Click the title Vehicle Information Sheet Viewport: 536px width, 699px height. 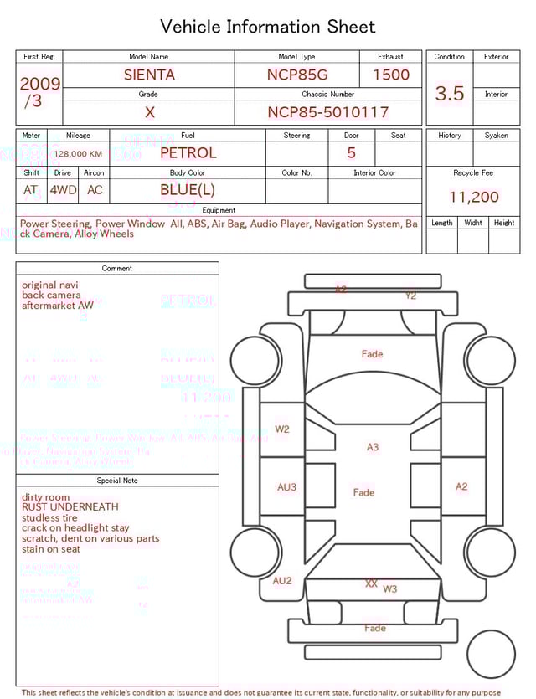pyautogui.click(x=268, y=27)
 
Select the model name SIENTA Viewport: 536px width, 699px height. pyautogui.click(x=149, y=75)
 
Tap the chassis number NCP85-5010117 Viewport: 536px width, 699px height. pyautogui.click(x=328, y=112)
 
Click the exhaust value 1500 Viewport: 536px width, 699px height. pyautogui.click(x=391, y=75)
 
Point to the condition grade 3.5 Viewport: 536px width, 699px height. pyautogui.click(x=450, y=94)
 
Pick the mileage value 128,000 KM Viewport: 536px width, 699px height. pyautogui.click(x=79, y=154)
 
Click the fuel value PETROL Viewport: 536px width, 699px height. pyautogui.click(x=188, y=153)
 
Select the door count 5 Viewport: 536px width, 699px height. pyautogui.click(x=352, y=153)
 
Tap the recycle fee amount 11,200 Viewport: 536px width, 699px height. pyautogui.click(x=474, y=198)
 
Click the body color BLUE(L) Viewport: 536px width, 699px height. pyautogui.click(x=188, y=190)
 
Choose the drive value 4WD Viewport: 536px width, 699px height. pyautogui.click(x=63, y=190)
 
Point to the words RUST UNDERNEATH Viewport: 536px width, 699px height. pyautogui.click(x=70, y=507)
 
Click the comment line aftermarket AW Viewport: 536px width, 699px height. pyautogui.click(x=58, y=306)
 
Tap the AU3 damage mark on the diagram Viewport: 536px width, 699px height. pyautogui.click(x=286, y=487)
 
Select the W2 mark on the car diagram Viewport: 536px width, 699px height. pyautogui.click(x=282, y=429)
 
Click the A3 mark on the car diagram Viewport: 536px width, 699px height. pyautogui.click(x=373, y=447)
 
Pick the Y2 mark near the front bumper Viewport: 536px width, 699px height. pyautogui.click(x=410, y=296)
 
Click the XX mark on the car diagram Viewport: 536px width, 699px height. pyautogui.click(x=371, y=584)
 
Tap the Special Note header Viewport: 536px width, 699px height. pyautogui.click(x=117, y=481)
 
